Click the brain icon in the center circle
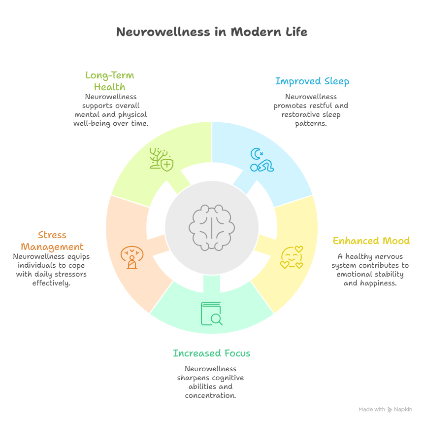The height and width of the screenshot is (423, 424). [x=212, y=227]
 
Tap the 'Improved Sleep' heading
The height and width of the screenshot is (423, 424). [x=312, y=81]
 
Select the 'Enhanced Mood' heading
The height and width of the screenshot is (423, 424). [x=371, y=241]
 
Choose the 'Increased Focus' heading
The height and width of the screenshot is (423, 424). [x=211, y=353]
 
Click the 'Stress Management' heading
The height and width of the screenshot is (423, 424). [x=52, y=241]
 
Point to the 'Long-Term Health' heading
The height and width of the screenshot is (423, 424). [x=109, y=81]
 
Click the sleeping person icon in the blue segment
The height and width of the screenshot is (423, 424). [x=261, y=160]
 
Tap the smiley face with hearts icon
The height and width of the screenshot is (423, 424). [x=292, y=257]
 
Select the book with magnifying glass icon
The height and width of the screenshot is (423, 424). [x=211, y=314]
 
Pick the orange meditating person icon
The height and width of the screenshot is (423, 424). [x=131, y=257]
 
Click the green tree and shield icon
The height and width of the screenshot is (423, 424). [x=162, y=159]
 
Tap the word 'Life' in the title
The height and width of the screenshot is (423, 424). [x=295, y=32]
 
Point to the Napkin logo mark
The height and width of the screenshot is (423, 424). [x=390, y=410]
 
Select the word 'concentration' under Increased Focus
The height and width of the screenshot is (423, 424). [x=210, y=396]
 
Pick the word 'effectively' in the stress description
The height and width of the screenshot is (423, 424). [x=51, y=283]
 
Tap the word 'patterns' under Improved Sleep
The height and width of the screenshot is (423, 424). [x=311, y=124]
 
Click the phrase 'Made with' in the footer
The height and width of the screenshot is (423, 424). [x=372, y=410]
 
